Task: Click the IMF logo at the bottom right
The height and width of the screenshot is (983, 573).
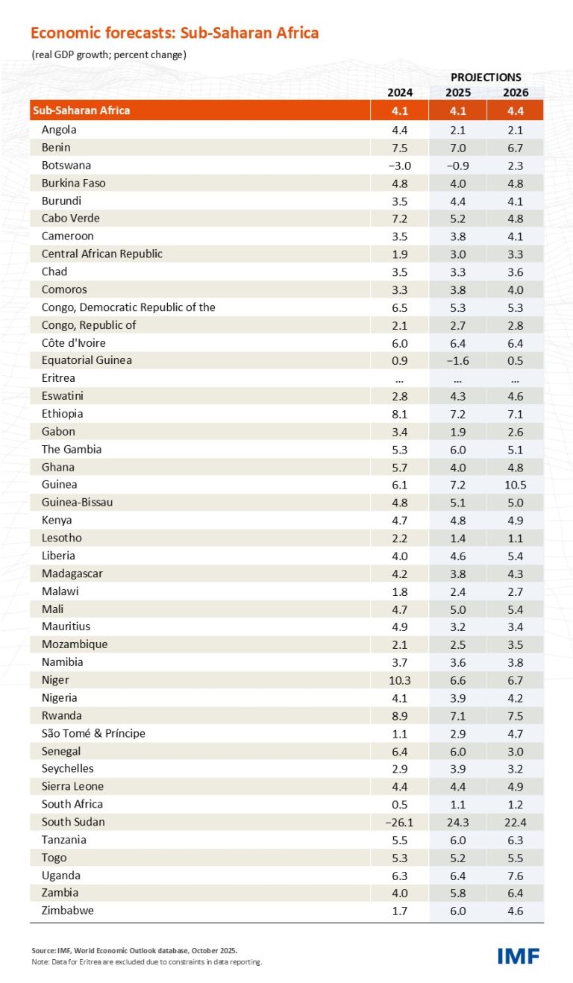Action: [x=518, y=955]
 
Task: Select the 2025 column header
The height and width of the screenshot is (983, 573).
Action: [x=457, y=92]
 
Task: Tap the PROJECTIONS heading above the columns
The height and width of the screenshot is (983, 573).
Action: [x=486, y=77]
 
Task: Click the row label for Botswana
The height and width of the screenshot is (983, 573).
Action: [x=66, y=166]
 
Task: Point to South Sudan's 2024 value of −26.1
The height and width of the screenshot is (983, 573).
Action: [x=399, y=822]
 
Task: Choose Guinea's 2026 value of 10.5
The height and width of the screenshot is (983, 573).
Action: [x=515, y=485]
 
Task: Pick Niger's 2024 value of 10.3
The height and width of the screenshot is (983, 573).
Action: [x=399, y=680]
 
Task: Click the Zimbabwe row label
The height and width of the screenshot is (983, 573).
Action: [x=68, y=911]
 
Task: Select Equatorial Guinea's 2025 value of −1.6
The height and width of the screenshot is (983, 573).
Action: [x=457, y=360]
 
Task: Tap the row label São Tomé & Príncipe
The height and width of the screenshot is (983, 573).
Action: [x=93, y=733]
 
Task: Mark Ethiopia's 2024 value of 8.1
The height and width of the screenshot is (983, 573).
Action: [x=399, y=414]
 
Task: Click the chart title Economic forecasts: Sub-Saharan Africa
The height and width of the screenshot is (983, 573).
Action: [x=175, y=33]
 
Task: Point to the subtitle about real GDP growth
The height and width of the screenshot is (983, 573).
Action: [x=109, y=54]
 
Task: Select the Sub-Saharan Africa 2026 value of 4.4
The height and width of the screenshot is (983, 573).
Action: [x=515, y=110]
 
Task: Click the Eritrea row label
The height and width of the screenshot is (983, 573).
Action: [x=58, y=378]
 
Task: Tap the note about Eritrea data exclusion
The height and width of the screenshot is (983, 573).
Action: [x=146, y=962]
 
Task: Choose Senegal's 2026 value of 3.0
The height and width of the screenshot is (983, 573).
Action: [x=515, y=751]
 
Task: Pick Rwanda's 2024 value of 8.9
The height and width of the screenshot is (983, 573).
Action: [x=399, y=715]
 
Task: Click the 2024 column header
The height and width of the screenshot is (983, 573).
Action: [x=399, y=92]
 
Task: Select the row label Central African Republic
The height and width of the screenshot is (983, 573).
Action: [x=101, y=254]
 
